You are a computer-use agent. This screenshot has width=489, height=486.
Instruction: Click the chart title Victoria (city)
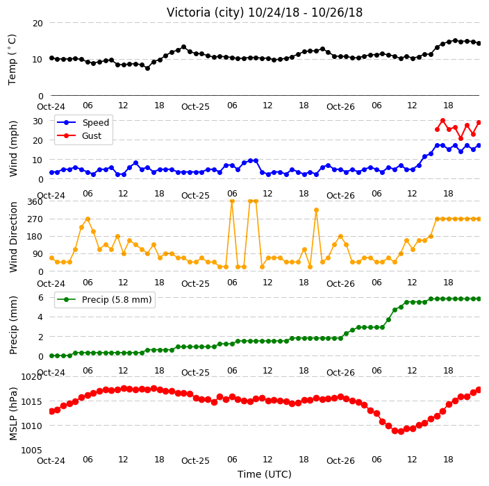[206, 12]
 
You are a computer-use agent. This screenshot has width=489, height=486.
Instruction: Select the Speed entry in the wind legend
[83, 122]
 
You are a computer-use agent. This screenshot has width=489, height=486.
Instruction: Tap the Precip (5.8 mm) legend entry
[104, 299]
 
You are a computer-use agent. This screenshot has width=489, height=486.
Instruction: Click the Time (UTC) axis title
[265, 474]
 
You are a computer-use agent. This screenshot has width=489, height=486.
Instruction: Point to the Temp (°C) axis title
[13, 60]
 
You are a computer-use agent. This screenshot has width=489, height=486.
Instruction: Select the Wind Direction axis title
[13, 237]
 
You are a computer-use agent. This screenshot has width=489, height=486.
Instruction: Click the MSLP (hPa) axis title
[13, 414]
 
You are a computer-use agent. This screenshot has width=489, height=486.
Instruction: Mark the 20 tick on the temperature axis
[38, 24]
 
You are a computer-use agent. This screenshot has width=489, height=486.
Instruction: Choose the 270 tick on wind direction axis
[35, 219]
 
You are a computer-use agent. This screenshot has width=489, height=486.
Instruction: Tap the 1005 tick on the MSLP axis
[31, 450]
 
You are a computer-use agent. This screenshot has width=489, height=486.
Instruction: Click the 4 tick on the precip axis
[41, 317]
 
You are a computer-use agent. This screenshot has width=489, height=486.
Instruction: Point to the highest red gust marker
[443, 120]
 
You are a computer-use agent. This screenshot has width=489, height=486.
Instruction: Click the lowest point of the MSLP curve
[401, 431]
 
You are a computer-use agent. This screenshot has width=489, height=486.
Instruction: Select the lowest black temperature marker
[147, 68]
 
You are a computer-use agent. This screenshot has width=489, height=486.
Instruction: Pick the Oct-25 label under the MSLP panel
[196, 461]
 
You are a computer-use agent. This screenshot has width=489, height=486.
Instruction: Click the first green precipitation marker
[52, 355]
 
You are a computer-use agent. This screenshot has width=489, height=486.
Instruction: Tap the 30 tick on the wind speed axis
[38, 121]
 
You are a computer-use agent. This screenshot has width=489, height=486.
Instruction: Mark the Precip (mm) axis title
[13, 325]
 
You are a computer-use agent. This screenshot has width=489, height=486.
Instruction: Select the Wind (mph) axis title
[13, 149]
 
